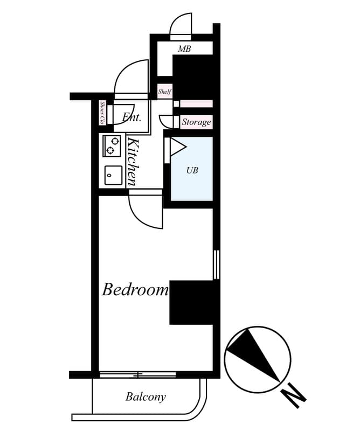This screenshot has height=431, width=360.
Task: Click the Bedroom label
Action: click(135, 290)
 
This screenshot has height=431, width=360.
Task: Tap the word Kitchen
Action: click(134, 162)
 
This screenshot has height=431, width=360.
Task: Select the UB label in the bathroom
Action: click(192, 170)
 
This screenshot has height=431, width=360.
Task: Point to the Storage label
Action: click(196, 122)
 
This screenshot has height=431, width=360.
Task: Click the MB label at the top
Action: click(184, 49)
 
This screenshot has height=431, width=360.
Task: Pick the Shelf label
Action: click(164, 92)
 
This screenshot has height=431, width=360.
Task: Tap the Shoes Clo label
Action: click(102, 113)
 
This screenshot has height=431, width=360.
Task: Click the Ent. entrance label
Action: click(131, 117)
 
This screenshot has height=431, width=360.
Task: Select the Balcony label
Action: click(146, 398)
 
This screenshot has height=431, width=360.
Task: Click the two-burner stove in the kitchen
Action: click(112, 145)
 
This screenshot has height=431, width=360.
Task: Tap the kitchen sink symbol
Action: click(112, 173)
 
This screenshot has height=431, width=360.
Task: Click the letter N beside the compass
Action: click(294, 397)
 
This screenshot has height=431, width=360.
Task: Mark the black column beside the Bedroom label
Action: click(191, 302)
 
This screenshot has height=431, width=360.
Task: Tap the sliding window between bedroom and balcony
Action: click(138, 374)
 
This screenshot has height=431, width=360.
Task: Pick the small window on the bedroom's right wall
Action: click(216, 264)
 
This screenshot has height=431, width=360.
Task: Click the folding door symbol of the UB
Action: click(176, 147)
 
